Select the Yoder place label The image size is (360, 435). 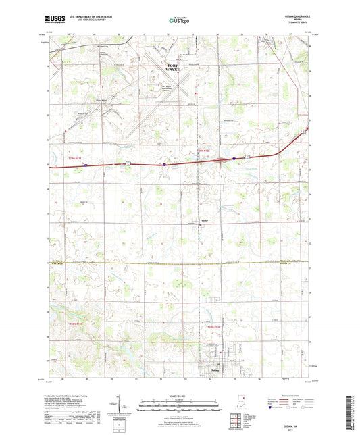(x=206, y=220)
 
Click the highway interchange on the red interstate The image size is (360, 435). (x=224, y=160)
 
